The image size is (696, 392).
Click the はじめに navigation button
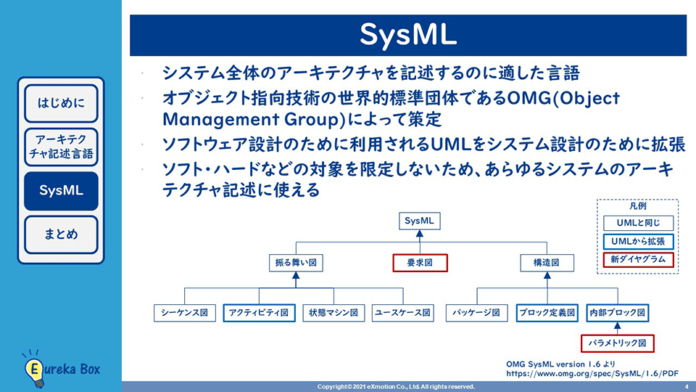61,103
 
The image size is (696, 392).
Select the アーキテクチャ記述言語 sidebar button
61,147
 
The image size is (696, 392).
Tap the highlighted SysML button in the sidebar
61,191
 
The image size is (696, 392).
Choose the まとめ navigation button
61,234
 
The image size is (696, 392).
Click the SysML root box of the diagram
420,221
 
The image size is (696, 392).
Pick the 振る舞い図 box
296,263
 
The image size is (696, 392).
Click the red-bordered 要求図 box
420,263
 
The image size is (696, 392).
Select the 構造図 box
547,263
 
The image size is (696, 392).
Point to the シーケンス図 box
185,313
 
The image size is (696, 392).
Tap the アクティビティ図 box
259,313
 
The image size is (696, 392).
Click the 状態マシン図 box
333,313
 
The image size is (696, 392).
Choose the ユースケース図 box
402,313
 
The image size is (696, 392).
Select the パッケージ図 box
477,313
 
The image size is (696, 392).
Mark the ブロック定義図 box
547,313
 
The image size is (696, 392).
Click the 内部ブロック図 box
618,313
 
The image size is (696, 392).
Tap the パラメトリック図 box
618,343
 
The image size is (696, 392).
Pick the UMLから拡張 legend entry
638,242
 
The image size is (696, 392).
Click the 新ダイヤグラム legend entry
638,260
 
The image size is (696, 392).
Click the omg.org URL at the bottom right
592,374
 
